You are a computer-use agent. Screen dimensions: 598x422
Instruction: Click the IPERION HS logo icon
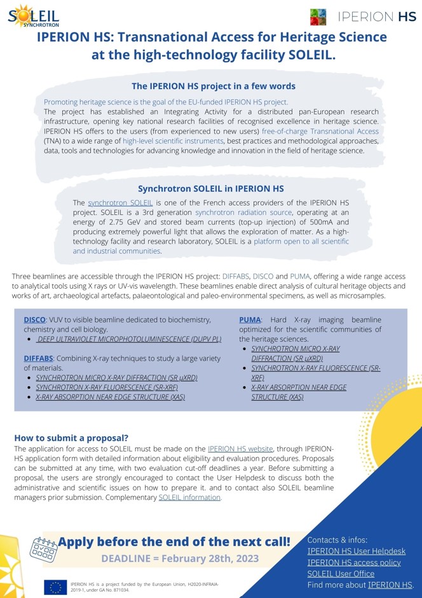[318, 17]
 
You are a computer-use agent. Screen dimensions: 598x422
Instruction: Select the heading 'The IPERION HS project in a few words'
[213, 86]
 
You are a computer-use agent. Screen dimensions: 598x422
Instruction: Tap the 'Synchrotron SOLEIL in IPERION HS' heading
[211, 189]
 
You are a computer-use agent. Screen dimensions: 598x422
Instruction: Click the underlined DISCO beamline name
[35, 319]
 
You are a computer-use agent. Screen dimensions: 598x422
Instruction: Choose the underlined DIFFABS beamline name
[39, 358]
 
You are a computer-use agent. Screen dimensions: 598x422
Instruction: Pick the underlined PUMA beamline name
[250, 319]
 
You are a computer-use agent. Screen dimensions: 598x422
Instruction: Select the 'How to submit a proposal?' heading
[71, 438]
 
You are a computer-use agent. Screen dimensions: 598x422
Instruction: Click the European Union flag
[55, 587]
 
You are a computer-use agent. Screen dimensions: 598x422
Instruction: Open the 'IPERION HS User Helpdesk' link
[356, 551]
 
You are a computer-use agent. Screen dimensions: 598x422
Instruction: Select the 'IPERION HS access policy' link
[353, 562]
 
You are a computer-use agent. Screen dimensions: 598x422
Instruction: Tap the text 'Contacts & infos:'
[337, 539]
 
